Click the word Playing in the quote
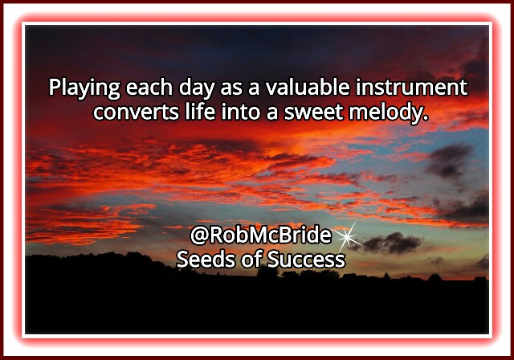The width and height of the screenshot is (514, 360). coord(84,88)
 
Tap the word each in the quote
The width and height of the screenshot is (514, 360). coord(149,88)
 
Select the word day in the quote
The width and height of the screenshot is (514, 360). coord(196,88)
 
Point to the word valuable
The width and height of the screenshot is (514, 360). coord(308,87)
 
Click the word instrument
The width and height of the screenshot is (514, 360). coord(412,87)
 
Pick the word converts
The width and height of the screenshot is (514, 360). coord(136,112)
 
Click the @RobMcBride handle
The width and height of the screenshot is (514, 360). coord(261,235)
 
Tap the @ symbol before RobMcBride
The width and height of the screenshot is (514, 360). coord(199,236)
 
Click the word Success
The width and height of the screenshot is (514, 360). coord(306,260)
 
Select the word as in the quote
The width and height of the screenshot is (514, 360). coord(229,89)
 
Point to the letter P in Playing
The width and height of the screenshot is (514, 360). coord(55,88)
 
